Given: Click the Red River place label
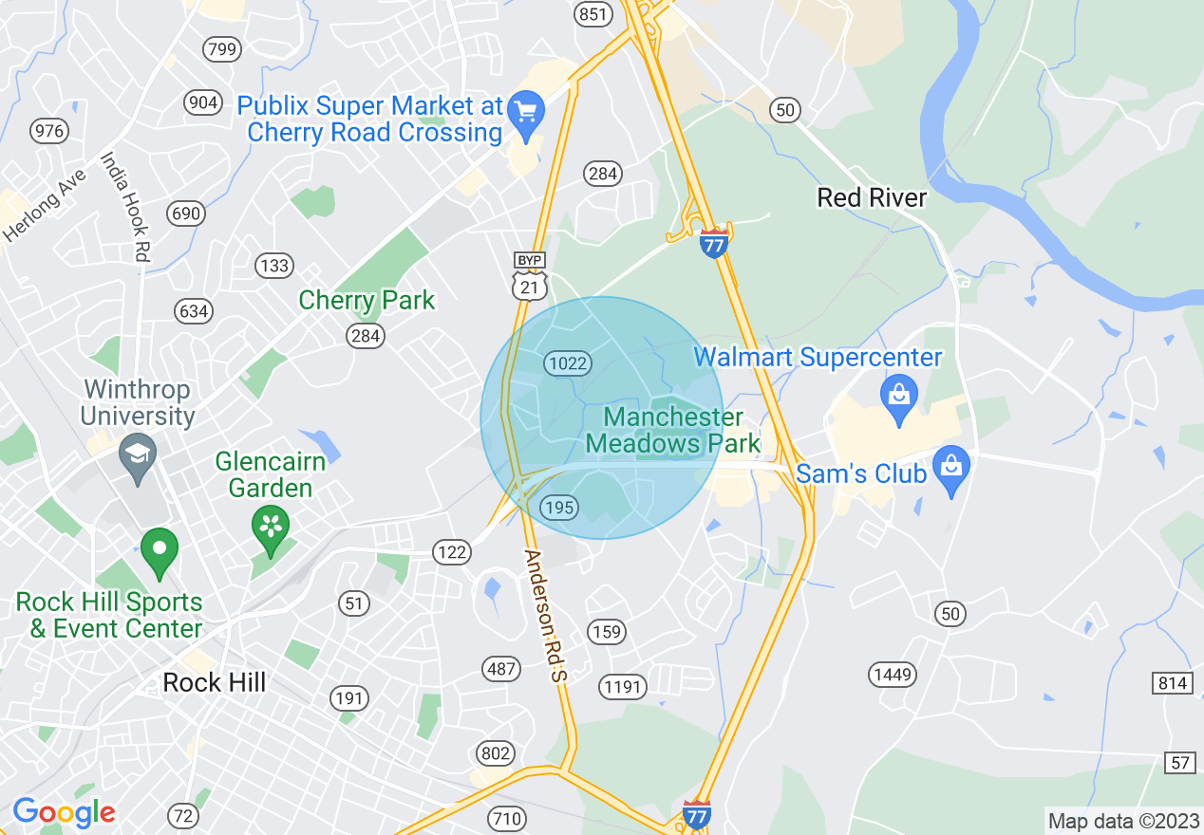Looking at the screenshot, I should [872, 197].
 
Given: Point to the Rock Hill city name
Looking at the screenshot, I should [215, 682].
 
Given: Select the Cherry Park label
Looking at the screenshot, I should [367, 301].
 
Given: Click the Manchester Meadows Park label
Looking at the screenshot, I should [673, 430].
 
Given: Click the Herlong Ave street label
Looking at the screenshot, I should [45, 205].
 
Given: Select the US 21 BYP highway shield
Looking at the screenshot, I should [530, 276].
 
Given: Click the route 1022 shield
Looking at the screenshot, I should [568, 362].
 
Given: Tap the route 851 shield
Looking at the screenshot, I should [593, 13].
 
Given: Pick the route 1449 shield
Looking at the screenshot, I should [892, 675].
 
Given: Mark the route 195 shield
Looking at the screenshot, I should [559, 508].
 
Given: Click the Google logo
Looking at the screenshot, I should [64, 812].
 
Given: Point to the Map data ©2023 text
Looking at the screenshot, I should [1121, 820].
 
